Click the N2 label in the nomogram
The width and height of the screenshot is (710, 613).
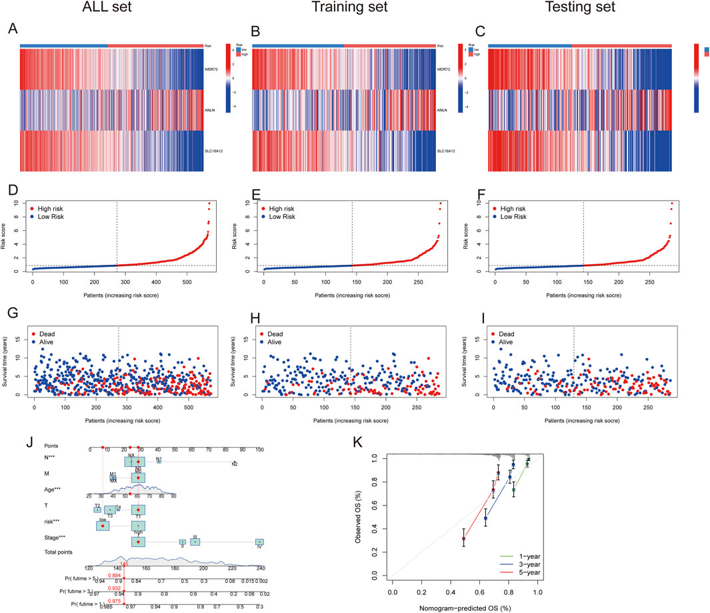pos(235,464)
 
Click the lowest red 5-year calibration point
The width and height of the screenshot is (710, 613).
pos(464,538)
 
